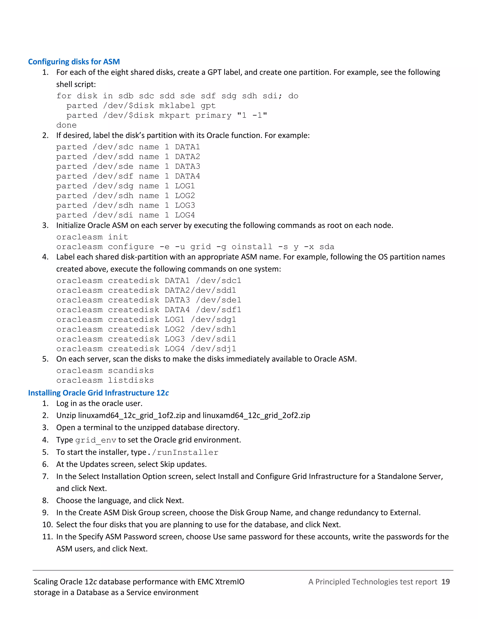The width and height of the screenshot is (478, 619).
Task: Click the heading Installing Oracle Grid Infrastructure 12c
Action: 98,393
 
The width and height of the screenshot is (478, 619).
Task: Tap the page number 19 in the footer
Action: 445,582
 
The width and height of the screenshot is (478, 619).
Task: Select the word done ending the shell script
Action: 66,125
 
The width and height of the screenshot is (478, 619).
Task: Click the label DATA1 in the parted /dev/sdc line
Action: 187,147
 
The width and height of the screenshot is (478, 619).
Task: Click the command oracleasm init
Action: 92,237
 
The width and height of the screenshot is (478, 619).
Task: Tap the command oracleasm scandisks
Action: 105,370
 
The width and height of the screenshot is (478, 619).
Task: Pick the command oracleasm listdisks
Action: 105,380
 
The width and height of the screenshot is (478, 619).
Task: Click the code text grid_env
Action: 96,440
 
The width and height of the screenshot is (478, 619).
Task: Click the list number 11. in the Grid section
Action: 48,537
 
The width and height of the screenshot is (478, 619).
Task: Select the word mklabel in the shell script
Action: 177,106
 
